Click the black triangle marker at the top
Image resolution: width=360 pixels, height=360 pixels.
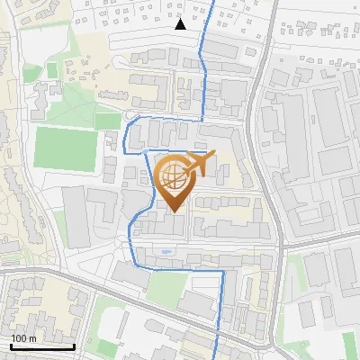[x=181, y=24]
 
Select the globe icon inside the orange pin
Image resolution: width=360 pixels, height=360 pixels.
[x=173, y=178]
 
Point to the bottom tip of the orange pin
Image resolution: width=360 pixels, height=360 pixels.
[x=173, y=212]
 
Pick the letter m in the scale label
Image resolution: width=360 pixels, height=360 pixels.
[x=31, y=338]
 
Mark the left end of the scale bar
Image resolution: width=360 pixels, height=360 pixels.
[x=11, y=346]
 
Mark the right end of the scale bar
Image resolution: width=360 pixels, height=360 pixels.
[x=74, y=346]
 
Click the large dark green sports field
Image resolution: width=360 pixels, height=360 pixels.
[x=65, y=148]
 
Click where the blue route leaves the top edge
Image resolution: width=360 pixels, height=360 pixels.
[x=213, y=2]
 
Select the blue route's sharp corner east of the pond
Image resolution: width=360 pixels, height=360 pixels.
[x=222, y=270]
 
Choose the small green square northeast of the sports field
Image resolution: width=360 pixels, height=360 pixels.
[x=107, y=121]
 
